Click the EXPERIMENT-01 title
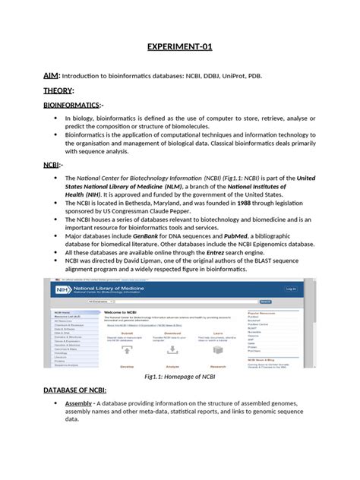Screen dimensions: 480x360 pyautogui.click(x=179, y=47)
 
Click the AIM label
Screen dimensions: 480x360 pyautogui.click(x=51, y=75)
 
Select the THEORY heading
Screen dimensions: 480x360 pyautogui.click(x=58, y=90)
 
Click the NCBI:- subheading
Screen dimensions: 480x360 pyautogui.click(x=53, y=164)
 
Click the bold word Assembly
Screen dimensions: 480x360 pyautogui.click(x=79, y=403)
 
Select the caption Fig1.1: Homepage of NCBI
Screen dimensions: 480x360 pyautogui.click(x=179, y=376)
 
